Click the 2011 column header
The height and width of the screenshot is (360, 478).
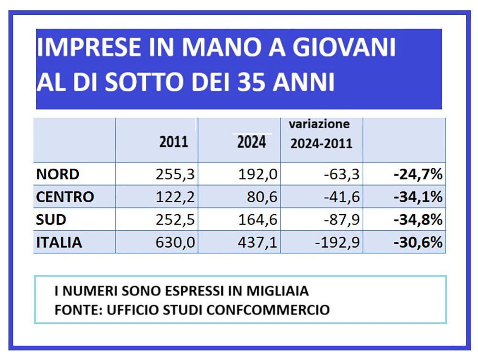pyautogui.click(x=174, y=142)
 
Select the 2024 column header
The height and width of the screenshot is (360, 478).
pyautogui.click(x=251, y=142)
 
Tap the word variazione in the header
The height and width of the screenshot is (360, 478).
pyautogui.click(x=319, y=124)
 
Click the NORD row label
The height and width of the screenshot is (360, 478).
pyautogui.click(x=58, y=175)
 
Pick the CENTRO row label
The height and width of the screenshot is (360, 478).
pyautogui.click(x=65, y=197)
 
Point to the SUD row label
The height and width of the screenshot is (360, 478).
pyautogui.click(x=51, y=220)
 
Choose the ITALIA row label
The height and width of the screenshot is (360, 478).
pyautogui.click(x=59, y=243)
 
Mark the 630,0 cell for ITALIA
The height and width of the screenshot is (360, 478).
pyautogui.click(x=175, y=243)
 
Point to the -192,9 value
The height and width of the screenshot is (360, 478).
pyautogui.click(x=337, y=243)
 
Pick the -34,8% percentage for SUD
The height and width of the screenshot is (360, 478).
pyautogui.click(x=418, y=220)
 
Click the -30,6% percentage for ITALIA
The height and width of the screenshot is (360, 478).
pyautogui.click(x=418, y=243)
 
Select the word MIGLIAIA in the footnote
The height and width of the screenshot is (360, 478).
pyautogui.click(x=278, y=291)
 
